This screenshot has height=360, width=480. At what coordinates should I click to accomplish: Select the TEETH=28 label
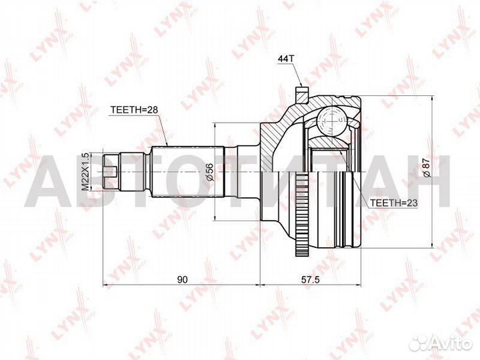[134, 109]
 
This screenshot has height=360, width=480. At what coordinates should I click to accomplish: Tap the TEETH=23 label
[394, 203]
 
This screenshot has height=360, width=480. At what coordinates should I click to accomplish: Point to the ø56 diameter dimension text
[209, 172]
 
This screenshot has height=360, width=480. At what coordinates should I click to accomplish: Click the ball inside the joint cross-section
[331, 121]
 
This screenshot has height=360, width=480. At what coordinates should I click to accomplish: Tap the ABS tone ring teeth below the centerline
[302, 214]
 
